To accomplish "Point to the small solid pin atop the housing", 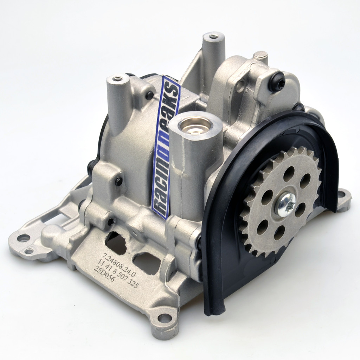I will [261, 55].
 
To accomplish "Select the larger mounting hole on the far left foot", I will [23, 238].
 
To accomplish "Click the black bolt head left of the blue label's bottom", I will [118, 181].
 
